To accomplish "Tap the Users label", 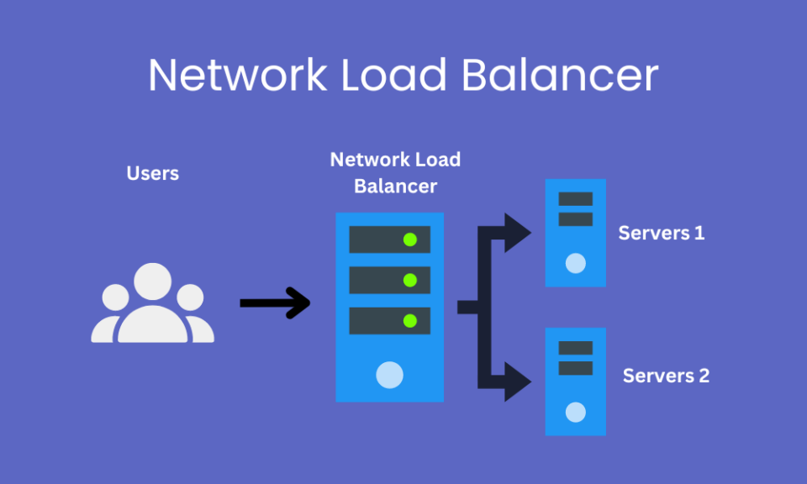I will click(x=152, y=174).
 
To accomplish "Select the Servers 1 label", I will click(x=662, y=233).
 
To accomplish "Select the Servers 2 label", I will click(x=666, y=376).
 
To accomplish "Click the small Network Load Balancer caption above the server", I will click(x=395, y=172).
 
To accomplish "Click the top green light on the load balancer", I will click(x=410, y=239).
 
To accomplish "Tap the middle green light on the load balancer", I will click(x=410, y=280).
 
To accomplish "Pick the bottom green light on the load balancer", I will click(x=410, y=320).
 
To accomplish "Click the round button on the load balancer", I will click(x=389, y=374).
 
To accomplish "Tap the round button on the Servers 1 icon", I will click(x=575, y=264).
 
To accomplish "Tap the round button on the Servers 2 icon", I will click(x=575, y=412).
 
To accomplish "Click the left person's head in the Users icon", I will click(x=115, y=297).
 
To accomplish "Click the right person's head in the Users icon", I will click(x=190, y=297).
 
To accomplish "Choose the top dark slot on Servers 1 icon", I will click(x=575, y=199).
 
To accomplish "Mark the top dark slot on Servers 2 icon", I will click(x=575, y=348).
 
